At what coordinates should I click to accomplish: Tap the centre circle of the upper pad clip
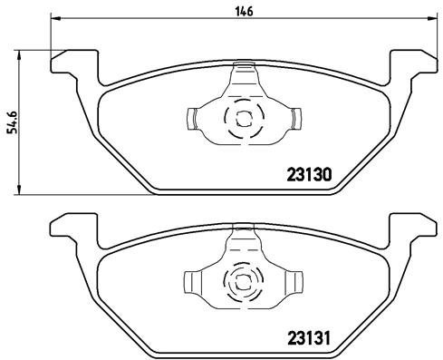(242, 117)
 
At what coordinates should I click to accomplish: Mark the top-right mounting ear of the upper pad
(413, 65)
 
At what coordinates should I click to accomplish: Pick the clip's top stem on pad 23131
(242, 239)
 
